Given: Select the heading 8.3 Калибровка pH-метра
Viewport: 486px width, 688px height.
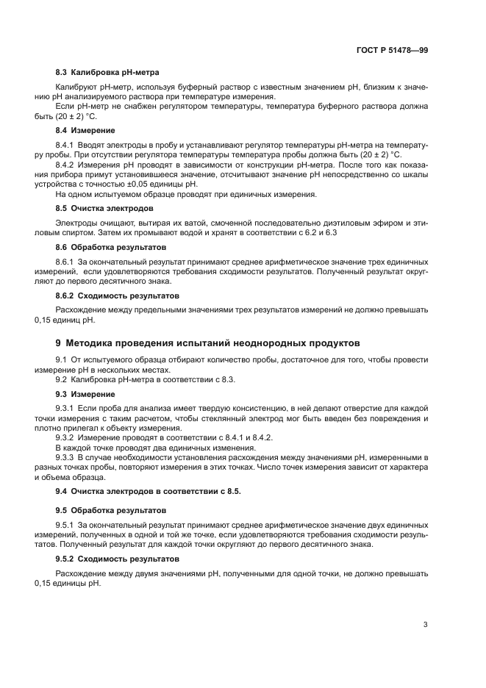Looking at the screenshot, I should pos(107,72).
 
